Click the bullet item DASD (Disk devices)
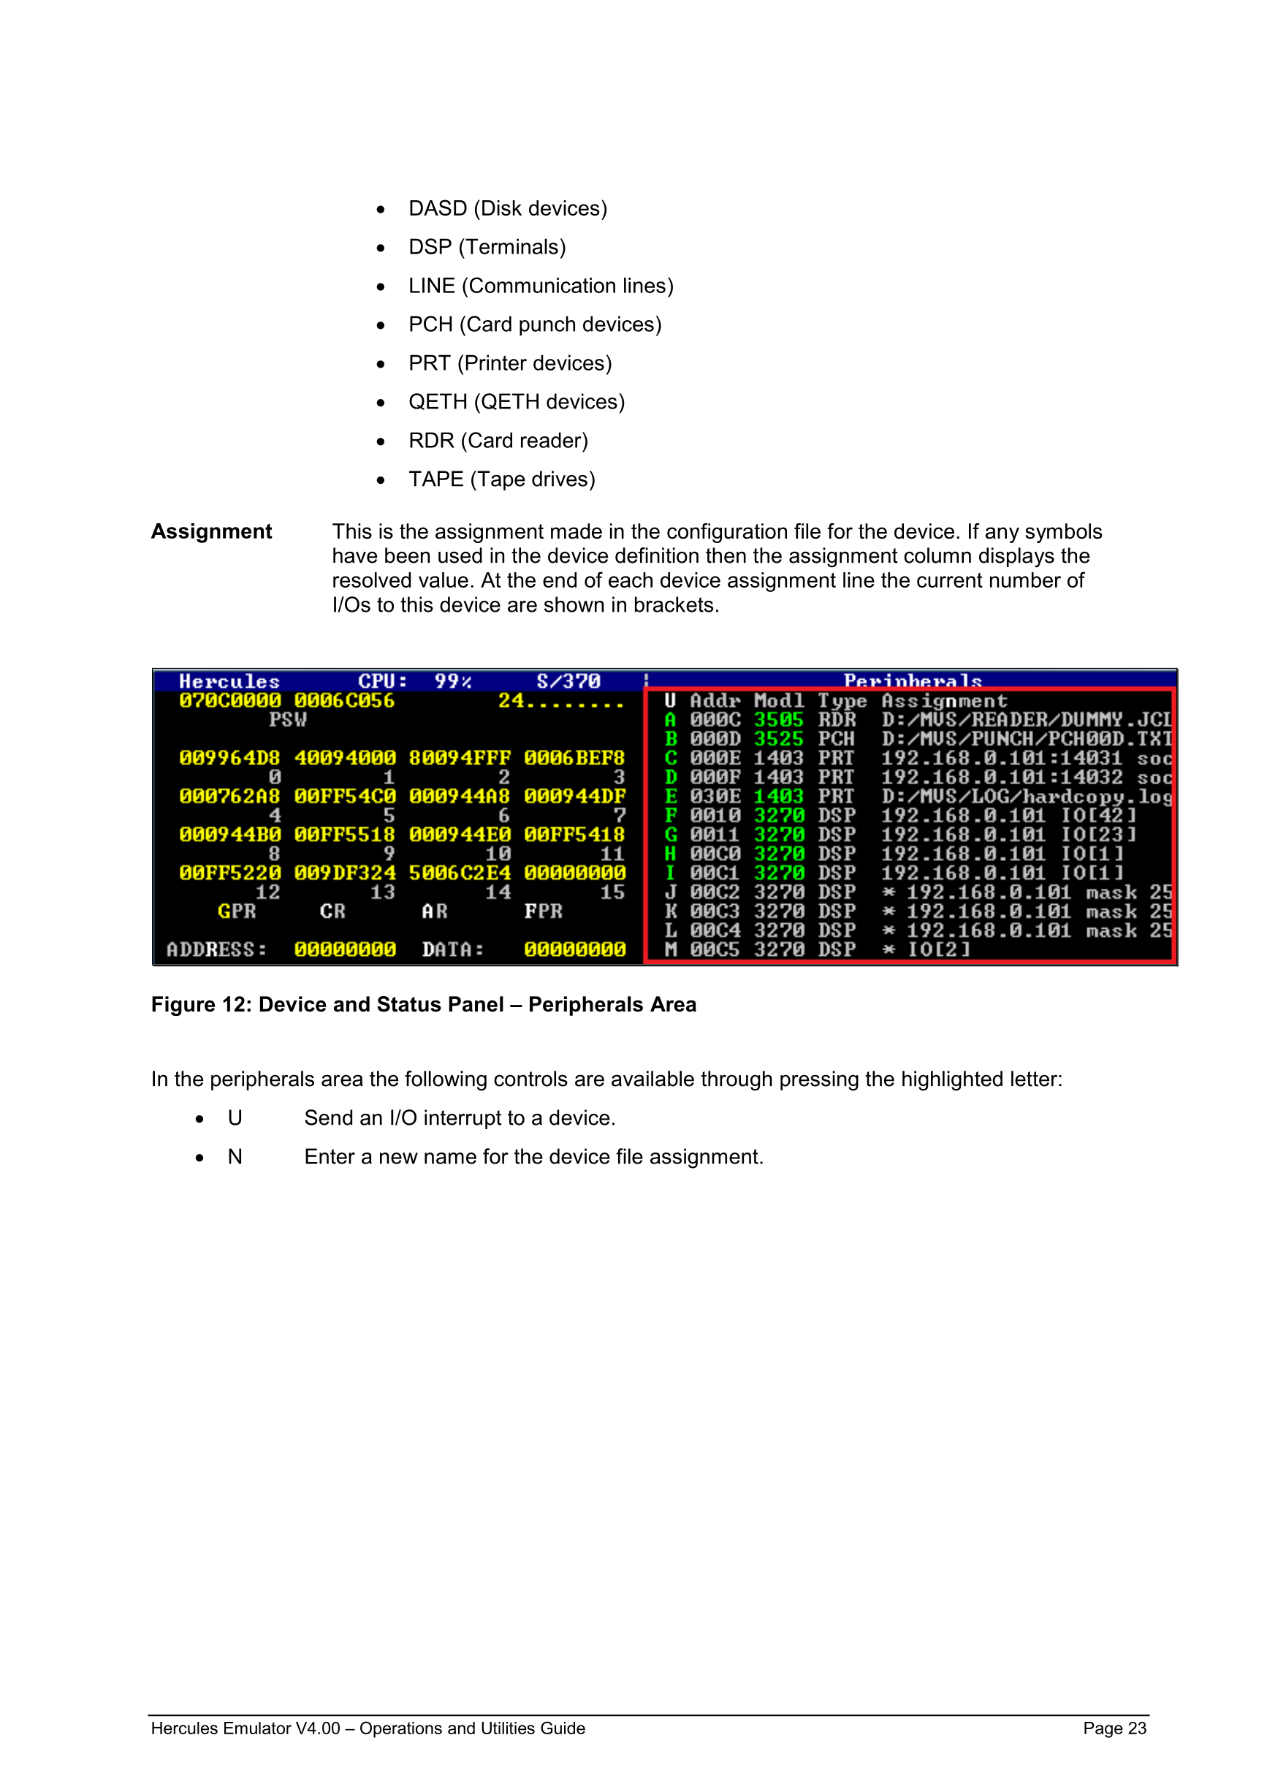pyautogui.click(x=507, y=208)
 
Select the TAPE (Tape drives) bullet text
pyautogui.click(x=502, y=479)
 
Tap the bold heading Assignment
pyautogui.click(x=211, y=531)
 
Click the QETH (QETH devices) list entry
pyautogui.click(x=517, y=402)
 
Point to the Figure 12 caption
pyautogui.click(x=424, y=1004)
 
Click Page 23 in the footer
pyautogui.click(x=1114, y=1728)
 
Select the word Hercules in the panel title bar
pyautogui.click(x=229, y=681)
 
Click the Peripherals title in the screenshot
pyautogui.click(x=912, y=681)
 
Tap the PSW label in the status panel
pyautogui.click(x=288, y=720)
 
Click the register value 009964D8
pyautogui.click(x=229, y=758)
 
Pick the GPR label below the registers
pyautogui.click(x=237, y=911)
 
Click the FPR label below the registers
pyautogui.click(x=543, y=911)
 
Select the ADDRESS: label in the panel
pyautogui.click(x=216, y=949)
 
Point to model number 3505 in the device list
pyautogui.click(x=779, y=720)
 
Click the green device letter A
pyautogui.click(x=670, y=720)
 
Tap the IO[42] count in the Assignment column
pyautogui.click(x=1098, y=816)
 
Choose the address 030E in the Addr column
pyautogui.click(x=715, y=796)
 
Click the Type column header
pyautogui.click(x=842, y=701)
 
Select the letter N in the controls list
pyautogui.click(x=235, y=1157)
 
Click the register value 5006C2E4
pyautogui.click(x=460, y=873)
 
